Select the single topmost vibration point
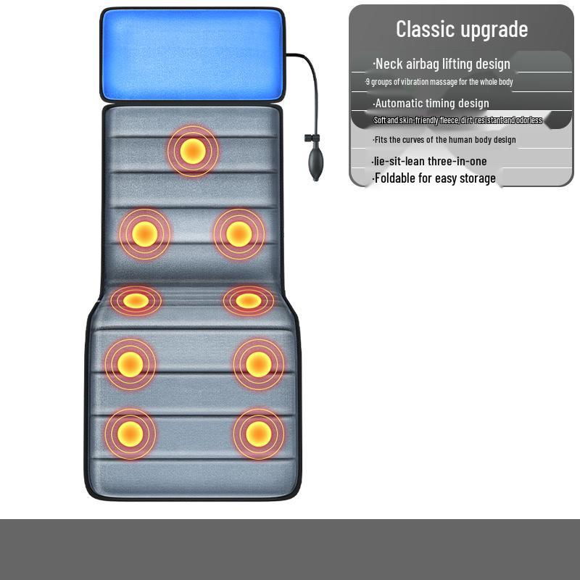click(x=192, y=151)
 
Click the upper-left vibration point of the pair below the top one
click(x=144, y=233)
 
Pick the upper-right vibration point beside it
click(x=239, y=233)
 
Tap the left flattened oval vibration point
click(x=136, y=300)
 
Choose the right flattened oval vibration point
click(x=248, y=300)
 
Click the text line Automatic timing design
click(x=431, y=103)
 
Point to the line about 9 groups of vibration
click(x=439, y=82)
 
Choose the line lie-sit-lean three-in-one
click(x=429, y=161)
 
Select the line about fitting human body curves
click(x=444, y=139)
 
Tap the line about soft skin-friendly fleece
click(x=457, y=120)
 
